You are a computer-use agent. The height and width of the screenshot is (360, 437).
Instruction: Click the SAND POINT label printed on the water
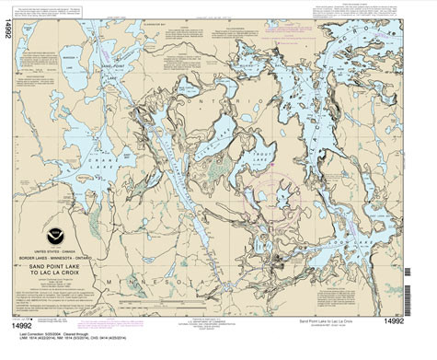tap(109, 67)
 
